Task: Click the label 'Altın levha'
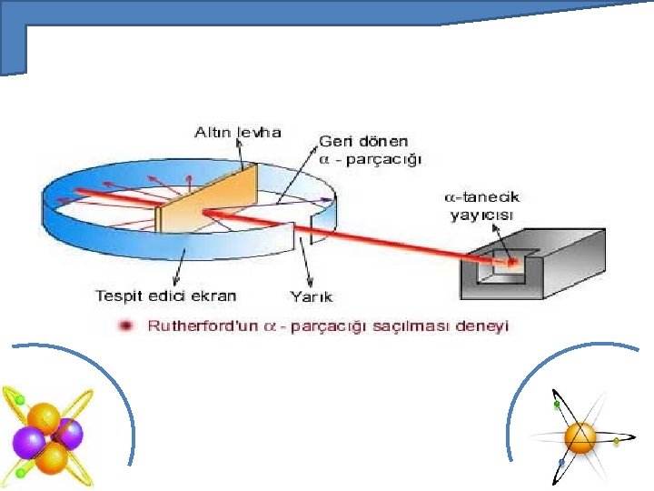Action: pyautogui.click(x=238, y=133)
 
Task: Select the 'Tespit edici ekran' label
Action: pyautogui.click(x=165, y=295)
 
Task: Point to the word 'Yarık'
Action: pyautogui.click(x=311, y=296)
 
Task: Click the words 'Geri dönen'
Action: pyautogui.click(x=363, y=142)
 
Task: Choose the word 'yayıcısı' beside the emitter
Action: pyautogui.click(x=480, y=215)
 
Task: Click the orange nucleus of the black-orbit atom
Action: pyautogui.click(x=580, y=436)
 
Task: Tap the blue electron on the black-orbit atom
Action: pyautogui.click(x=562, y=463)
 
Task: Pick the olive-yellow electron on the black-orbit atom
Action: pyautogui.click(x=616, y=441)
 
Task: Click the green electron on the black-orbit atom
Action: pyautogui.click(x=556, y=404)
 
